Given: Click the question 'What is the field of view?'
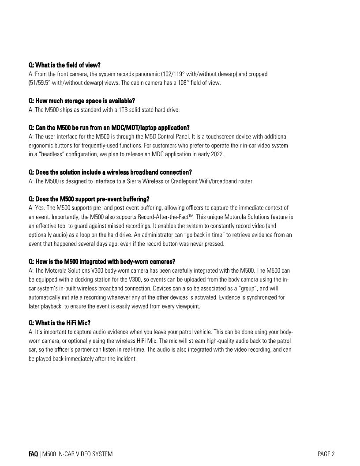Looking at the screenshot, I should [65, 65].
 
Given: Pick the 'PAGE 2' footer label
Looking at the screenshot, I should [326, 454].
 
